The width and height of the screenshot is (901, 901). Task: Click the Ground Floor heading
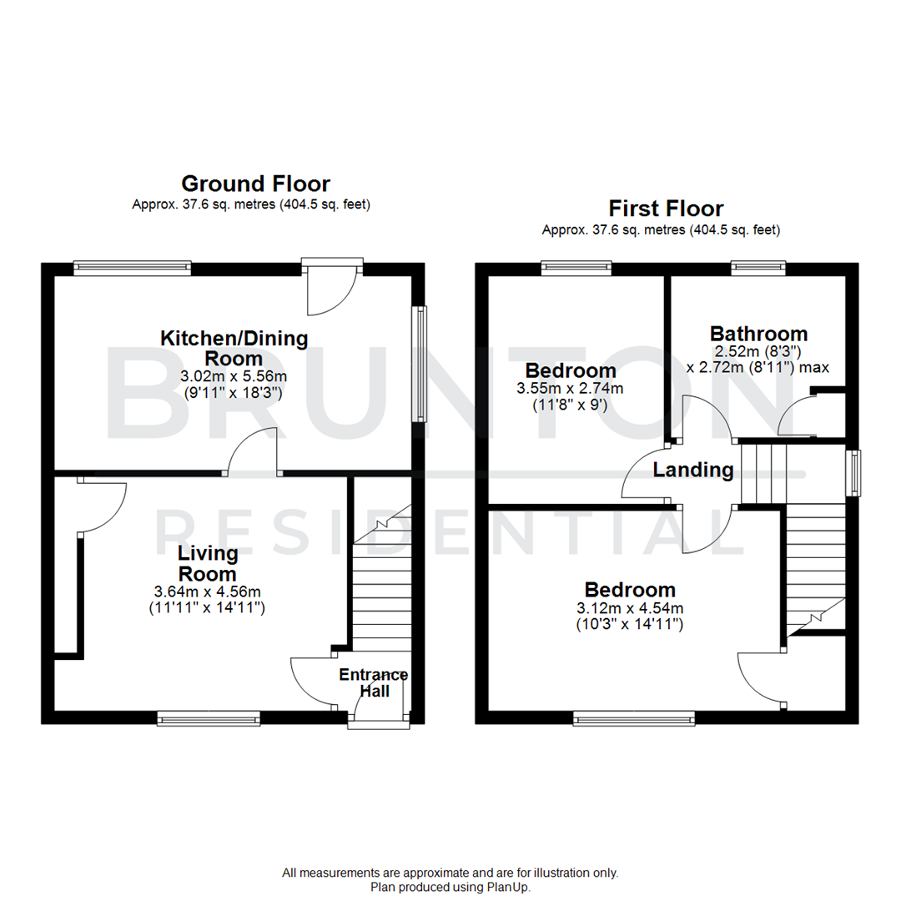255,184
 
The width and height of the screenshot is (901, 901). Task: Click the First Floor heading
665,209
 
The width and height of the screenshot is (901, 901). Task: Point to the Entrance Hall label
374,682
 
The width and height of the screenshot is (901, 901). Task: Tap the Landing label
692,471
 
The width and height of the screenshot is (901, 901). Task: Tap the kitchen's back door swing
331,292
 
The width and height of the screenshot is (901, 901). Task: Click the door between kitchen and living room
252,452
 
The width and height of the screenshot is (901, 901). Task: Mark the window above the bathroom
758,268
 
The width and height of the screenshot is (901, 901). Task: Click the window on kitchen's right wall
421,364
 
